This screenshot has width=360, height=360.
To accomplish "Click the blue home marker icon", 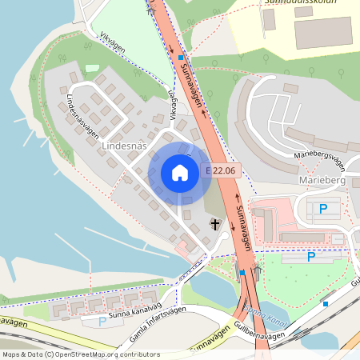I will (180, 172).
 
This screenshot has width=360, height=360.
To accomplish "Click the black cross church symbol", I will (214, 224).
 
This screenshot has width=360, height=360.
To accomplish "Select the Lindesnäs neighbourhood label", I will (126, 146).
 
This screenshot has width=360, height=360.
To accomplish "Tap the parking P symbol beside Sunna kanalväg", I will (102, 322).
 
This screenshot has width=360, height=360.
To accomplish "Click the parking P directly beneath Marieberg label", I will (324, 209).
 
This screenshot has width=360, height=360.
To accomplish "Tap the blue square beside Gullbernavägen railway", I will (326, 304).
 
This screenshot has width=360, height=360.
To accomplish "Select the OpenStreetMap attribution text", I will (80, 354).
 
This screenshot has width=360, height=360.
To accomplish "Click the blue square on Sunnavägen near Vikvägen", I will (182, 58).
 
